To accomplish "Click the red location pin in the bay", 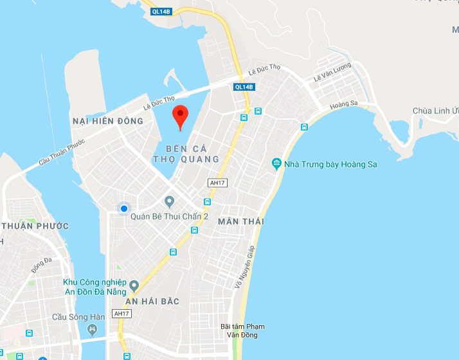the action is pyautogui.click(x=181, y=116).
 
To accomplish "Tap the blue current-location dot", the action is pyautogui.click(x=123, y=208).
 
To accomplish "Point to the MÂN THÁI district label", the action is pyautogui.click(x=241, y=221).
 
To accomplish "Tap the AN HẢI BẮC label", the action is pyautogui.click(x=152, y=301).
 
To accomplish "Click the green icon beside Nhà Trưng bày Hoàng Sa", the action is pyautogui.click(x=277, y=164).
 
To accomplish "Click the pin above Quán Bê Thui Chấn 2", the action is pyautogui.click(x=170, y=202).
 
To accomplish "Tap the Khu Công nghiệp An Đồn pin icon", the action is pyautogui.click(x=134, y=285).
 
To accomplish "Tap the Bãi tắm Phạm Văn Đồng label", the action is pyautogui.click(x=242, y=330).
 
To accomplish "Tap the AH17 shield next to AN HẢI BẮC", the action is pyautogui.click(x=121, y=313).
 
